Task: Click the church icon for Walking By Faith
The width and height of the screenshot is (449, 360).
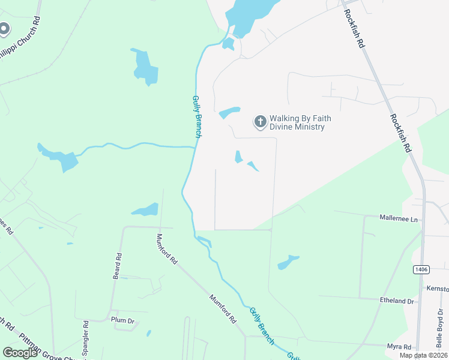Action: tap(260, 122)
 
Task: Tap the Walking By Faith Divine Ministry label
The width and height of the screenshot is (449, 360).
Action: tap(300, 122)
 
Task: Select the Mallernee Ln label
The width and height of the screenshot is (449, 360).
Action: tap(399, 220)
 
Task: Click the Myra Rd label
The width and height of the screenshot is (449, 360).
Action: tap(399, 347)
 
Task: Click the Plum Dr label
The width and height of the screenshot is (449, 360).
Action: tap(122, 320)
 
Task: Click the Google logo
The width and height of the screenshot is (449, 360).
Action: tap(20, 353)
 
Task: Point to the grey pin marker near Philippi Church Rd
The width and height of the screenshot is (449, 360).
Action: tap(4, 29)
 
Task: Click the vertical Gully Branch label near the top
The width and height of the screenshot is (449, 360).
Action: tap(196, 118)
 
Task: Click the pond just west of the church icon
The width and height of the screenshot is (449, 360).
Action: tap(229, 112)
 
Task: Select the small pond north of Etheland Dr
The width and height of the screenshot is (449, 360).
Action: tap(288, 262)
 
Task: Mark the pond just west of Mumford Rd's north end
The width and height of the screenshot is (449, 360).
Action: tap(146, 210)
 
